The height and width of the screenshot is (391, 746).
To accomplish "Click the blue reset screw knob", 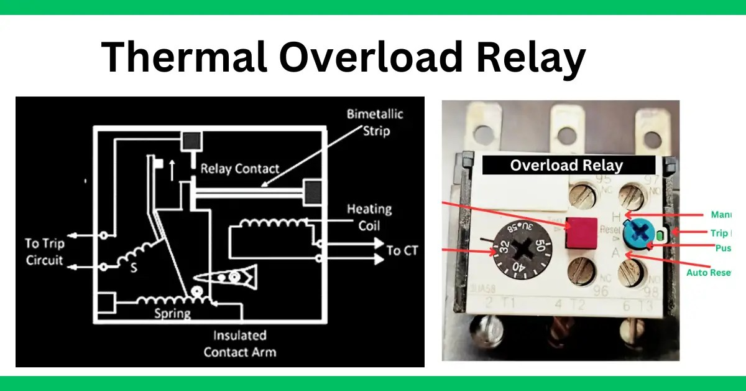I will tap(640, 233).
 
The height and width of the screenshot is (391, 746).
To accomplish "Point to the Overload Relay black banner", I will tap(569, 165).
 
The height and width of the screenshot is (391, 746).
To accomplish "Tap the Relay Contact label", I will tap(240, 169).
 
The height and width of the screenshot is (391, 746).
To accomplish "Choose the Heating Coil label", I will tap(371, 217).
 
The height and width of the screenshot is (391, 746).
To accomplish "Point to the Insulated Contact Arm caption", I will tap(239, 344).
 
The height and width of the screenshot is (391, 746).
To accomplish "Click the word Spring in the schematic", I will tap(172, 313).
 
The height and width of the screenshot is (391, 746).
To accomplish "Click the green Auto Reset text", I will tap(708, 273).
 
